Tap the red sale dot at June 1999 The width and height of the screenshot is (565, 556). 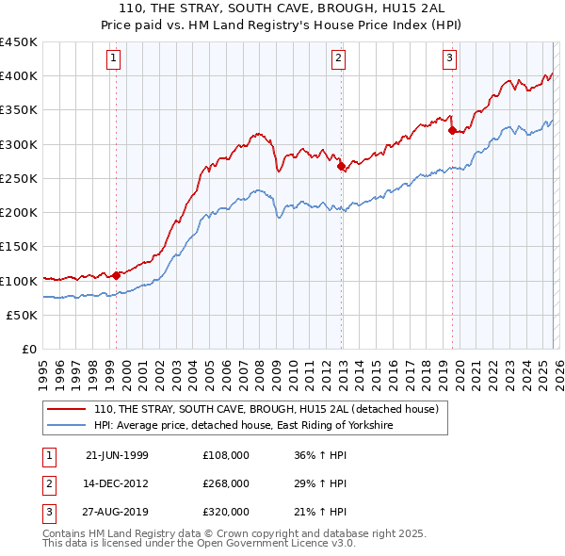coord(117,275)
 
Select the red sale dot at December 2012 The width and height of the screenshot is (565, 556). coord(341,166)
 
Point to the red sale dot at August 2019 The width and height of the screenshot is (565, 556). coord(452,131)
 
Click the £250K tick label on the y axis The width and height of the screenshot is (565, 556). coord(19,178)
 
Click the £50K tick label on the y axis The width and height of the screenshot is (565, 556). coord(23,315)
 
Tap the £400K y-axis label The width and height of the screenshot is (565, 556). coord(19,76)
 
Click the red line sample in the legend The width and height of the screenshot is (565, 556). coord(67,410)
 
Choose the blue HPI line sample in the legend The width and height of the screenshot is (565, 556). coord(67,426)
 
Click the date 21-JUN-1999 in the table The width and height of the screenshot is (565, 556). coord(117,455)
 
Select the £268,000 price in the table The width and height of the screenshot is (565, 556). coord(226,483)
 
